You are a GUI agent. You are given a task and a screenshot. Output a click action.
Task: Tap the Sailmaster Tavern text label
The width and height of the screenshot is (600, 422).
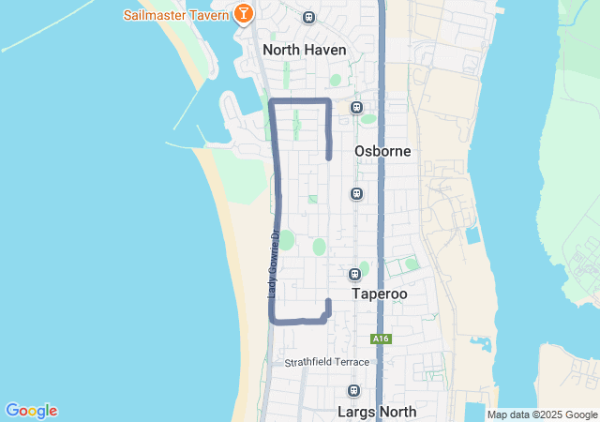pyautogui.click(x=176, y=15)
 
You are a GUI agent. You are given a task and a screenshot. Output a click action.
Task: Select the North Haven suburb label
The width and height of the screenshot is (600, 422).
pyautogui.click(x=305, y=50)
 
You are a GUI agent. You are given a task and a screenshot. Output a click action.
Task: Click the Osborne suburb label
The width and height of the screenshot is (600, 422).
pyautogui.click(x=382, y=151)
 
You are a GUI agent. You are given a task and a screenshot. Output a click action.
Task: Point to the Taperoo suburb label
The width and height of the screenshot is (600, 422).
pyautogui.click(x=380, y=294)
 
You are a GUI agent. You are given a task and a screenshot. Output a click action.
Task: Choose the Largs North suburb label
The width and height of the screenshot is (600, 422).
pyautogui.click(x=376, y=411)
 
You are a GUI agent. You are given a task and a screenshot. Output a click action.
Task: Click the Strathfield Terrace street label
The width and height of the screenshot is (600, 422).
pyautogui.click(x=328, y=362)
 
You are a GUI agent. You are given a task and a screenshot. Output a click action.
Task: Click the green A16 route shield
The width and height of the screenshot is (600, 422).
pyautogui.click(x=380, y=339)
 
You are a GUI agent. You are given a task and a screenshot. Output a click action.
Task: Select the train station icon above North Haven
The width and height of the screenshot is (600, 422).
pyautogui.click(x=308, y=17)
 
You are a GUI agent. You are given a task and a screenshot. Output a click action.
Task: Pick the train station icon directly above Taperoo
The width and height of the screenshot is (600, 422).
pyautogui.click(x=354, y=274)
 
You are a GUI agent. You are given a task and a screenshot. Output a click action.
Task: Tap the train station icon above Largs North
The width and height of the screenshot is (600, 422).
pyautogui.click(x=353, y=390)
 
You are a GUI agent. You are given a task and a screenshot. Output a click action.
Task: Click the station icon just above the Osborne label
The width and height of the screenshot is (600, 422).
pyautogui.click(x=356, y=107)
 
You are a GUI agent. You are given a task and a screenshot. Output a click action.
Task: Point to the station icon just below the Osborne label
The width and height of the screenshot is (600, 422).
pyautogui.click(x=356, y=193)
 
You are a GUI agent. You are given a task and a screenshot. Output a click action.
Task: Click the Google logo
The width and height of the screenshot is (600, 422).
pyautogui.click(x=31, y=411)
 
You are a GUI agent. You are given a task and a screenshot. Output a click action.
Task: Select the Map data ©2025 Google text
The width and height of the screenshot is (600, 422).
pyautogui.click(x=541, y=414)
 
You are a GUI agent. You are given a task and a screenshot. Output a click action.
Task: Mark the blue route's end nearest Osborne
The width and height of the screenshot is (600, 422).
pyautogui.click(x=329, y=158)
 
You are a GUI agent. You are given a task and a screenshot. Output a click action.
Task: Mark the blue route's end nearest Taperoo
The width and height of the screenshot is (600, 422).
pyautogui.click(x=328, y=301)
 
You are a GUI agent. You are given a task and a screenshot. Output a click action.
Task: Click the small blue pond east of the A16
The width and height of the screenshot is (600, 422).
pyautogui.click(x=472, y=235)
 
